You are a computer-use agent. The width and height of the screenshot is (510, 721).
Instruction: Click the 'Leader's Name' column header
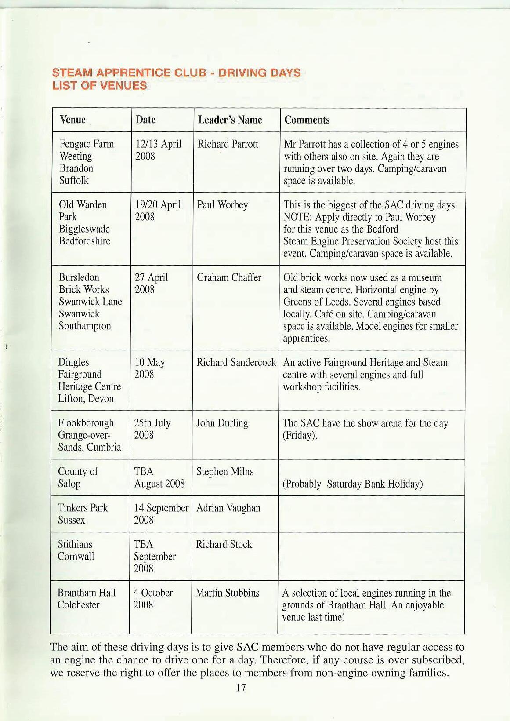coord(230,120)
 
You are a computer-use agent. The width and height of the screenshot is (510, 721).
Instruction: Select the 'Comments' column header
coord(307,120)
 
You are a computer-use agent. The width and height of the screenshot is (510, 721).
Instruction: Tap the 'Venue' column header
coord(72,120)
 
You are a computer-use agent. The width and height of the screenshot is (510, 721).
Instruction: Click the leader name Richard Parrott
coord(228,144)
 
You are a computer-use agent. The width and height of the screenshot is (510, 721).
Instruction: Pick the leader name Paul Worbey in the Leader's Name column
coord(222,205)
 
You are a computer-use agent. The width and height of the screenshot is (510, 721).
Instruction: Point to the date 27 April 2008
coord(151,284)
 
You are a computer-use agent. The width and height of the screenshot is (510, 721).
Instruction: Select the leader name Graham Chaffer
coord(229,277)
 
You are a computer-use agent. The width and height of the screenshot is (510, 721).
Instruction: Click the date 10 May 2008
coord(149,368)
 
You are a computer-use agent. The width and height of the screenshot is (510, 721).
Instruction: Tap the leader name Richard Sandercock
coord(236,362)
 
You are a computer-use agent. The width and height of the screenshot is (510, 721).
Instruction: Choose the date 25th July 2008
coord(152,429)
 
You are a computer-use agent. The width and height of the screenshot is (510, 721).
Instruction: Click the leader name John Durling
coord(222,423)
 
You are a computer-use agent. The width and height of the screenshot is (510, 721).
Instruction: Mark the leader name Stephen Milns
coord(225,472)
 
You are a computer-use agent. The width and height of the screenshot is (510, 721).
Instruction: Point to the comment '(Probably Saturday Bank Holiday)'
coord(353,484)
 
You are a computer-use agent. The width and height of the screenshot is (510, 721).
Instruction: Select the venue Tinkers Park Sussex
coord(83,514)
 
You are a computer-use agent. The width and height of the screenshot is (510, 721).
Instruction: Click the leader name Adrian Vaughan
coord(228,508)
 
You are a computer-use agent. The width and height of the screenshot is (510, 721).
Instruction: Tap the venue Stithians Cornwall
coord(76,550)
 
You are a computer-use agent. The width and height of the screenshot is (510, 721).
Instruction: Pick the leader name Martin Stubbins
coord(228,593)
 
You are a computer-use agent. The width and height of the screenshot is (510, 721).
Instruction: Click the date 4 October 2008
coord(153,599)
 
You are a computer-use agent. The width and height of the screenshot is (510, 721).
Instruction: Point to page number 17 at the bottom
coord(240,688)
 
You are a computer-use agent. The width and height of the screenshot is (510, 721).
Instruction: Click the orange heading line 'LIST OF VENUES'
coord(99,85)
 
